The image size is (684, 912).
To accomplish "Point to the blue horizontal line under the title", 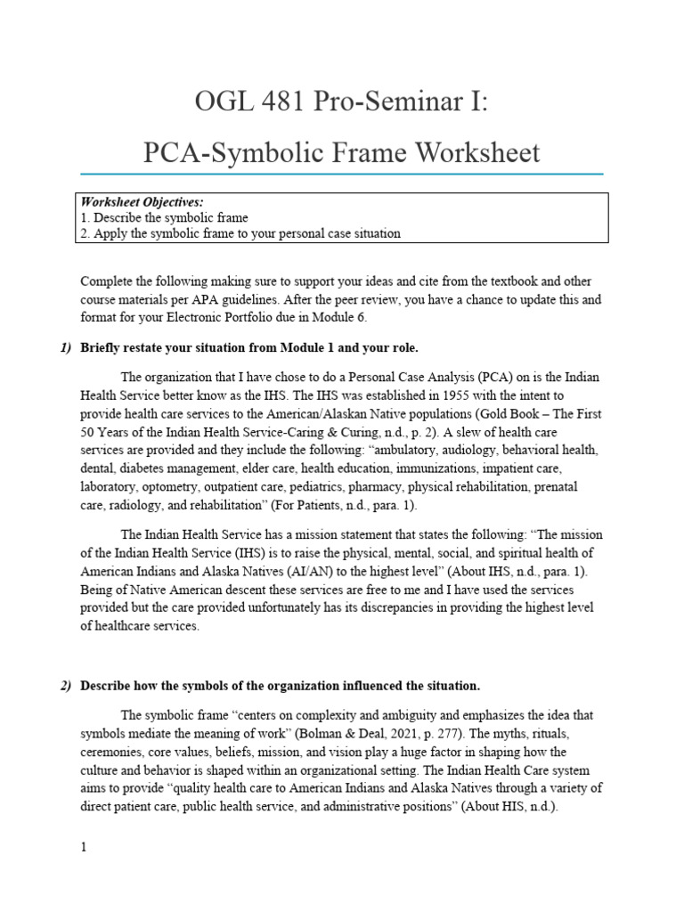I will [341, 174].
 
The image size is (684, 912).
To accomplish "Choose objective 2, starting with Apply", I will [240, 233].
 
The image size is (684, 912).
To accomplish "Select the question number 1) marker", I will [65, 348].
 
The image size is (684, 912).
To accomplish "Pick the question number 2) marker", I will [65, 686].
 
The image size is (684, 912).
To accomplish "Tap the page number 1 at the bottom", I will [83, 848].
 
